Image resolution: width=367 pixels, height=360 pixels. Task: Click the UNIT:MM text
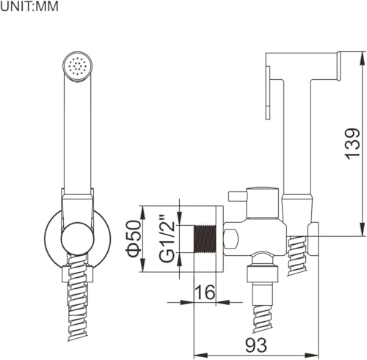pyautogui.click(x=29, y=7)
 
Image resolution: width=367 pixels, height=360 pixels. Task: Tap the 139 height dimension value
pyautogui.click(x=352, y=144)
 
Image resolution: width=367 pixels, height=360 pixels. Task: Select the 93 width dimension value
pyautogui.click(x=256, y=345)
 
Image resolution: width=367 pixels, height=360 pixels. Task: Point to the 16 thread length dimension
pyautogui.click(x=205, y=292)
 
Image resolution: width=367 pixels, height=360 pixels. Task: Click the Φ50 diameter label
pyautogui.click(x=134, y=238)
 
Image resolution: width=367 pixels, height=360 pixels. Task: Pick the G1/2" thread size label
pyautogui.click(x=167, y=238)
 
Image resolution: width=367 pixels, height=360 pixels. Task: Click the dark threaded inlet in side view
pyautogui.click(x=205, y=239)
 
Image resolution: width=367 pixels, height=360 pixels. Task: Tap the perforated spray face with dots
pyautogui.click(x=78, y=66)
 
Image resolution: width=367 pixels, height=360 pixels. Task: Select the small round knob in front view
pyautogui.click(x=78, y=239)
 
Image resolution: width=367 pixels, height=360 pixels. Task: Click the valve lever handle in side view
pyautogui.click(x=237, y=196)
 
